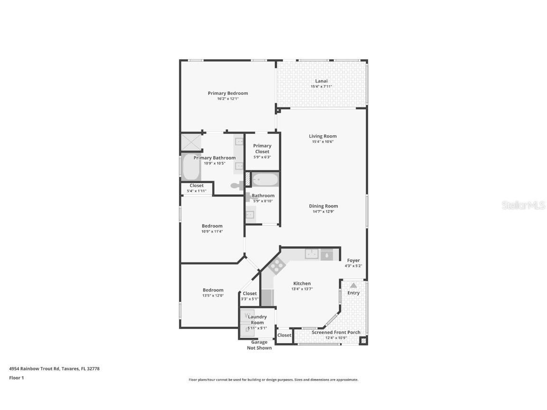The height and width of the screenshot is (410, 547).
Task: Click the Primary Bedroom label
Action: click(x=227, y=93)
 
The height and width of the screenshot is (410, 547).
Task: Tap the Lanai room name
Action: click(x=321, y=81)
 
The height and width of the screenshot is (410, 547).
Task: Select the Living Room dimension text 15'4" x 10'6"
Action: click(x=322, y=141)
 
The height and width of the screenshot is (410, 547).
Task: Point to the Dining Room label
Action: click(x=323, y=206)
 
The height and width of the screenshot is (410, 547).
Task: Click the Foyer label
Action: click(x=353, y=261)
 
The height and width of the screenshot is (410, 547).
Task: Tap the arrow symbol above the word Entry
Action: click(x=353, y=286)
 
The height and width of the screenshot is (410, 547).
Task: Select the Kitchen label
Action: click(x=302, y=283)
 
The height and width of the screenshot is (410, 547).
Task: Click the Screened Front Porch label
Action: click(x=336, y=332)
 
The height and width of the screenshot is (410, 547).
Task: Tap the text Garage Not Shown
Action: click(x=259, y=345)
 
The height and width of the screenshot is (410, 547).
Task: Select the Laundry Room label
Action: click(x=257, y=319)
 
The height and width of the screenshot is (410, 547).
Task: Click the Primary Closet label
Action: click(x=262, y=149)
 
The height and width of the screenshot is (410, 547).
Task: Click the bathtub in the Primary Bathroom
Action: click(x=191, y=168)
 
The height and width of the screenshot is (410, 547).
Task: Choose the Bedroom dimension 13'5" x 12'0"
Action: click(x=213, y=295)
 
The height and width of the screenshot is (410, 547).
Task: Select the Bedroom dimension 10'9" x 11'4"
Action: click(x=212, y=232)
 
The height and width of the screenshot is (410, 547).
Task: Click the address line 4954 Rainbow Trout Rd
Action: click(x=54, y=368)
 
